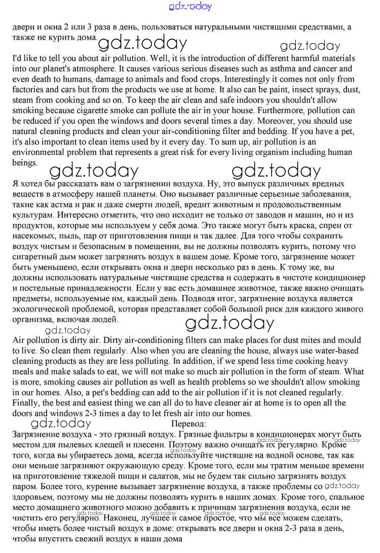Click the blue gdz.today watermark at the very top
pyautogui.click(x=190, y=7)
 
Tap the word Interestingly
pyautogui.click(x=249, y=79)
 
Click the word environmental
pyautogui.click(x=37, y=153)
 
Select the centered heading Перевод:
pyautogui.click(x=188, y=424)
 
